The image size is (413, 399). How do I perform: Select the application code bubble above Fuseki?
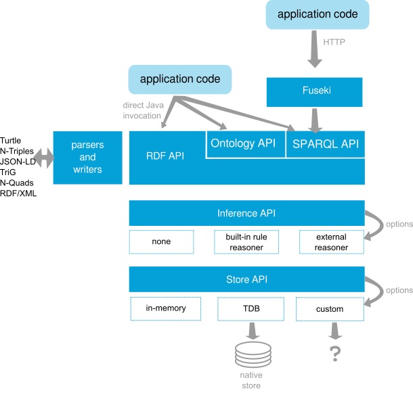(318, 14)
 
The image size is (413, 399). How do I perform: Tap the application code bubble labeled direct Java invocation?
(179, 79)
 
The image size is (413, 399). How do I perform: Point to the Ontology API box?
(245, 144)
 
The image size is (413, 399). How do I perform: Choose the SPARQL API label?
(326, 144)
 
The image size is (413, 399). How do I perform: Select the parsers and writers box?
(87, 158)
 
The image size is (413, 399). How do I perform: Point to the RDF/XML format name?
(19, 193)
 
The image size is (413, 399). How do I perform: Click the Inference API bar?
(246, 214)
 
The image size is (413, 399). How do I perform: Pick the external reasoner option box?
(331, 242)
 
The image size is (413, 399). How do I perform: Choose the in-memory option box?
(165, 308)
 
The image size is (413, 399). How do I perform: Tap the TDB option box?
(251, 309)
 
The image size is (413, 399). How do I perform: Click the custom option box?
(330, 309)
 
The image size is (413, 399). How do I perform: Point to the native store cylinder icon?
(252, 355)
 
